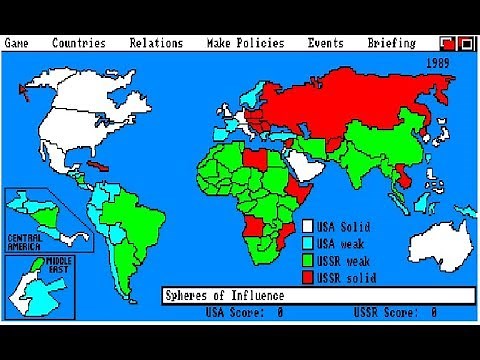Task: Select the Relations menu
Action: [156, 43]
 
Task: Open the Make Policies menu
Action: [245, 43]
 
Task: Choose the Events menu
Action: [326, 43]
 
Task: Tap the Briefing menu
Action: [391, 43]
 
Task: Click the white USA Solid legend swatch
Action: [309, 226]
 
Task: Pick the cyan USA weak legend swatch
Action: [309, 242]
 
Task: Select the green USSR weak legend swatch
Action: [309, 258]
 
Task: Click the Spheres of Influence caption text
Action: [226, 296]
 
